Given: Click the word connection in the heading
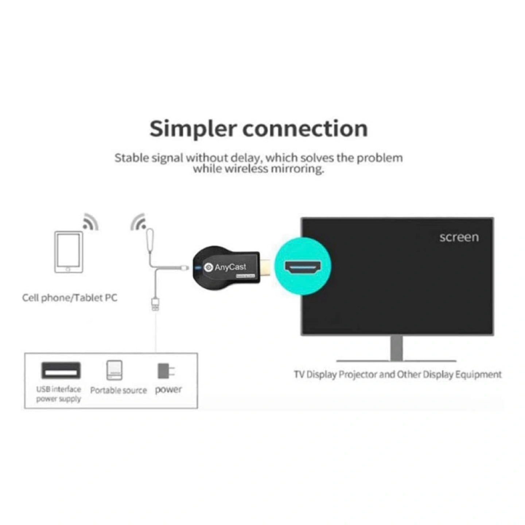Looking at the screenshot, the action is [305, 129].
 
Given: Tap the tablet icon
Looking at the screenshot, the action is [69, 252].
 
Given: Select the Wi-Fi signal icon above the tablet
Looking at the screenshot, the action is [91, 222].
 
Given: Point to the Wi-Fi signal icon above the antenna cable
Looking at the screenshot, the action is [139, 222].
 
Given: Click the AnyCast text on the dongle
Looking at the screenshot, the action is [230, 267].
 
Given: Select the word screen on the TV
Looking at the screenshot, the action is [459, 237].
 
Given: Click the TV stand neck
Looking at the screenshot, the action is [396, 348].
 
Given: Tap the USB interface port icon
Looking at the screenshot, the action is [61, 370].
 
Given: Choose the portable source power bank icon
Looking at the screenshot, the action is [114, 370].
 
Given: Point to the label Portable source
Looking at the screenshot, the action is [118, 390].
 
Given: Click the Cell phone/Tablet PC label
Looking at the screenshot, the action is [70, 298].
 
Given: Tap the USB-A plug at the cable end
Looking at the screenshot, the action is [155, 304].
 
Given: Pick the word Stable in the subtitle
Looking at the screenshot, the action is [132, 158].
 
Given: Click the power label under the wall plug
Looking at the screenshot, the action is [168, 390].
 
